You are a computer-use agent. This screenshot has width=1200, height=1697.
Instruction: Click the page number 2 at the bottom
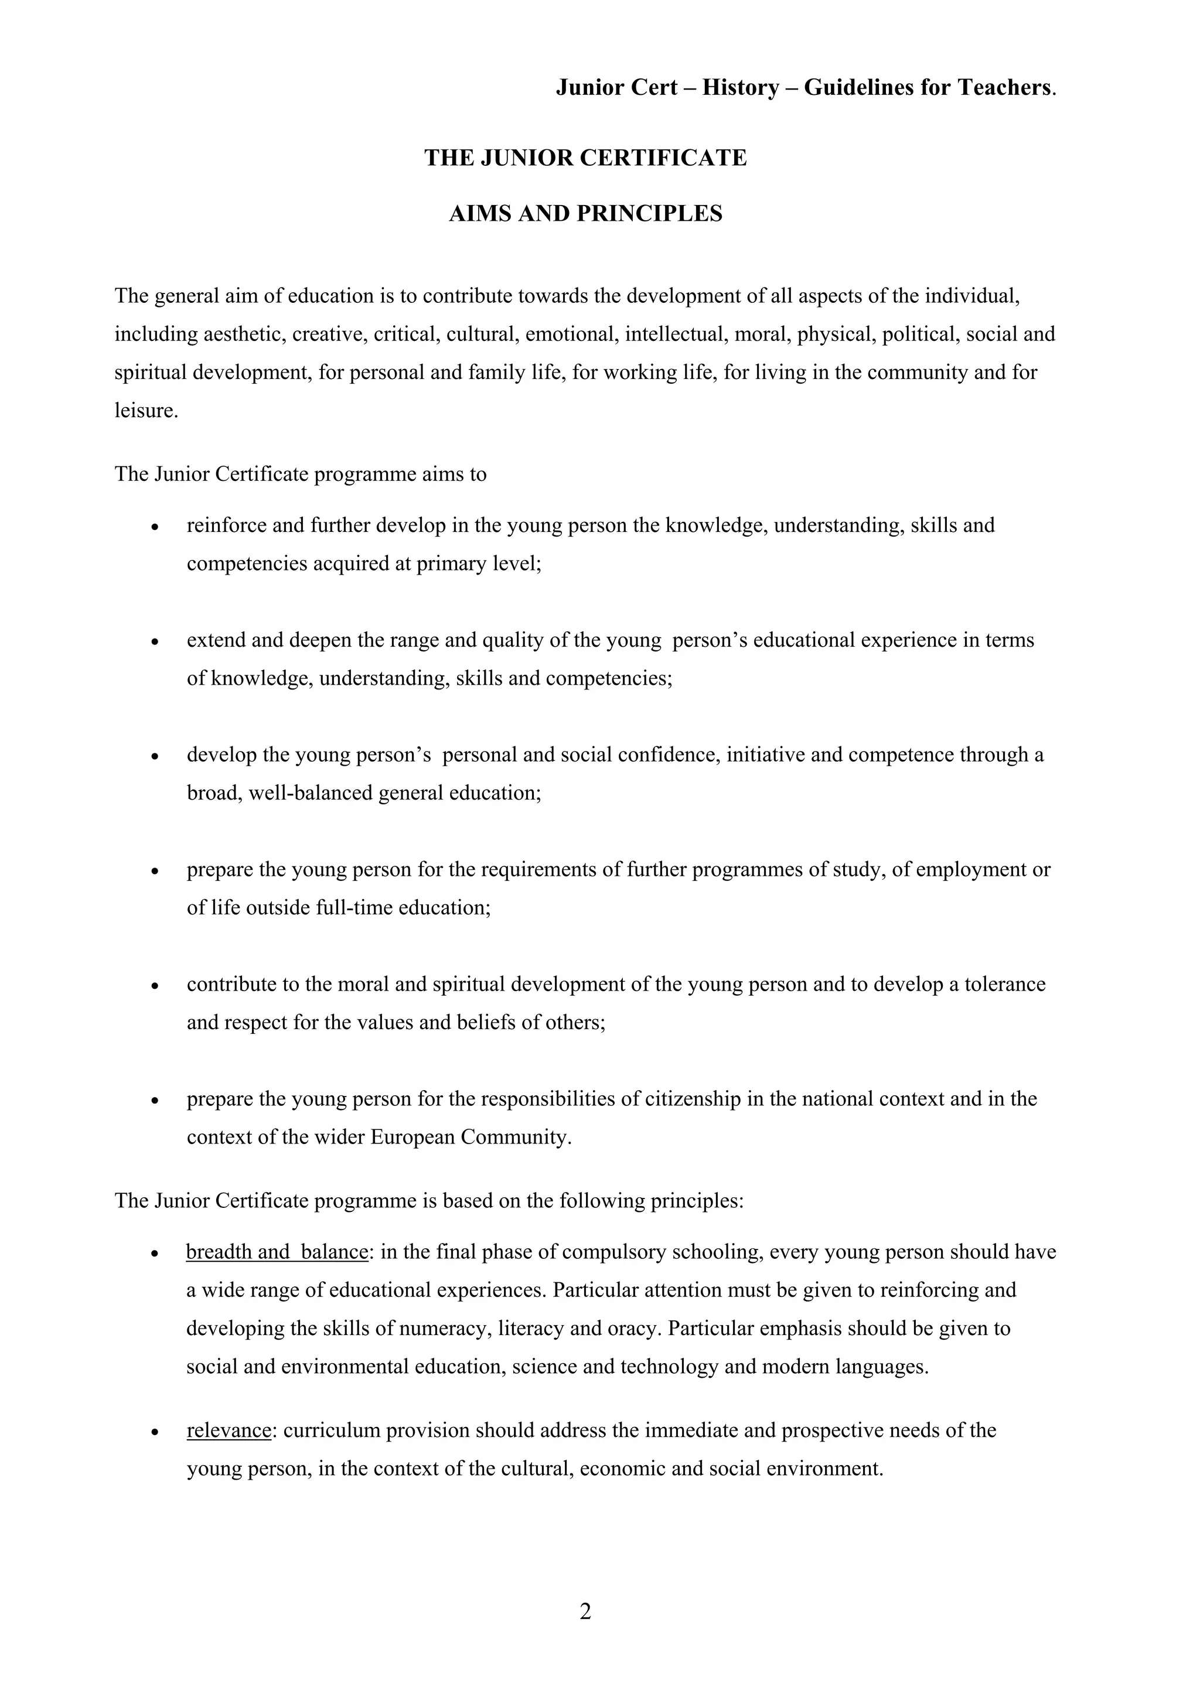click(585, 1611)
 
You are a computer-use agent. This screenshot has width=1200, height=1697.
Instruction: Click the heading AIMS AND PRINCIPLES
click(585, 214)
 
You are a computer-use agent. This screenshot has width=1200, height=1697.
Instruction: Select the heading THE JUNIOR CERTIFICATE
click(585, 158)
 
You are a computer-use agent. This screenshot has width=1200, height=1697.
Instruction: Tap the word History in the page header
click(740, 88)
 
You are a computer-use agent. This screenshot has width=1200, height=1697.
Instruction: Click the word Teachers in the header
click(1003, 88)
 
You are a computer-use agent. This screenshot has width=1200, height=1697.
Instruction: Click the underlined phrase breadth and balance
click(277, 1251)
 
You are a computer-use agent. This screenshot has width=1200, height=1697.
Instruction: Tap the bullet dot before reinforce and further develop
click(155, 528)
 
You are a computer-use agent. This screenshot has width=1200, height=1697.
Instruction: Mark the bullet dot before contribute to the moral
click(155, 986)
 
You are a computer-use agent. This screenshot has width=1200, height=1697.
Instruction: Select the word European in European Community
click(412, 1137)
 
